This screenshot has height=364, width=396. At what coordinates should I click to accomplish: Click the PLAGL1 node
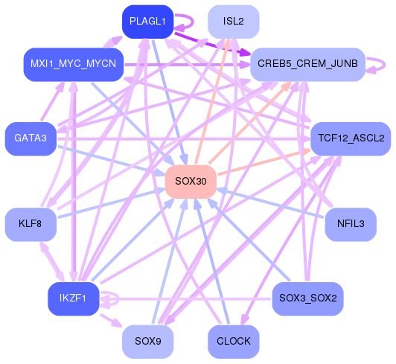tap(147, 22)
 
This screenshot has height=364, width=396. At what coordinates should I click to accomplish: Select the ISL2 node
tap(233, 22)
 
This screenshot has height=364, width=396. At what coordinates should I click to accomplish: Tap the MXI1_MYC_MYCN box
tap(73, 64)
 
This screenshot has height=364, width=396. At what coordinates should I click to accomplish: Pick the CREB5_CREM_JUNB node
tap(307, 65)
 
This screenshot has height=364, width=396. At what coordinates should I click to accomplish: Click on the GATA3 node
tap(31, 138)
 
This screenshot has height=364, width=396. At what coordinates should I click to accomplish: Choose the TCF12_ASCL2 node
tap(351, 138)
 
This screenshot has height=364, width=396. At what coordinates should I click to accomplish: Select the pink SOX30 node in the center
tap(191, 181)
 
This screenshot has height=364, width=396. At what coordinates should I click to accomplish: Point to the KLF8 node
tap(31, 223)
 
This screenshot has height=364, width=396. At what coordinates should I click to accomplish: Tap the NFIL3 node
tap(351, 223)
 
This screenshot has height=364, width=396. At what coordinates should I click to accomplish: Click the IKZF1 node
tap(74, 298)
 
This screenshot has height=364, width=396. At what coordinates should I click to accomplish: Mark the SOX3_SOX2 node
tap(307, 298)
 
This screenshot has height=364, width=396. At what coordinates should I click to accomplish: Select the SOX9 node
tap(147, 342)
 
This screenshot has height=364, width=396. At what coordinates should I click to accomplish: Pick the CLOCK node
tap(233, 342)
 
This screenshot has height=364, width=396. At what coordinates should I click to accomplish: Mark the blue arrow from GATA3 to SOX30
tap(112, 160)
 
